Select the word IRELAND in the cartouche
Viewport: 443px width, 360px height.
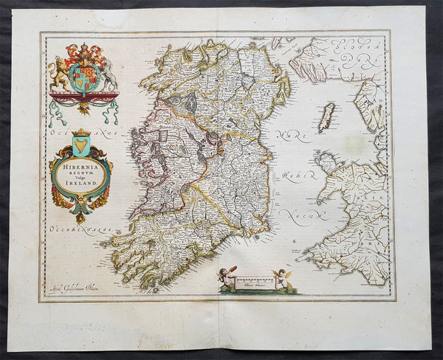point(81,189)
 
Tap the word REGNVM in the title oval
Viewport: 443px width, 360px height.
point(81,176)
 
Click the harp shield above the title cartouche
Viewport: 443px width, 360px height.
point(81,145)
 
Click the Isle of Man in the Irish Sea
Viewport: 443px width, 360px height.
point(326,117)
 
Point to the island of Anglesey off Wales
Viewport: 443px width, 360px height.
point(325,160)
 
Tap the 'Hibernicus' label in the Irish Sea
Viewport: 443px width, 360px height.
point(295,176)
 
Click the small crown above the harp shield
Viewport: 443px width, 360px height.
point(81,132)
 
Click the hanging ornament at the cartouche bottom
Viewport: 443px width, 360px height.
point(80,215)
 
